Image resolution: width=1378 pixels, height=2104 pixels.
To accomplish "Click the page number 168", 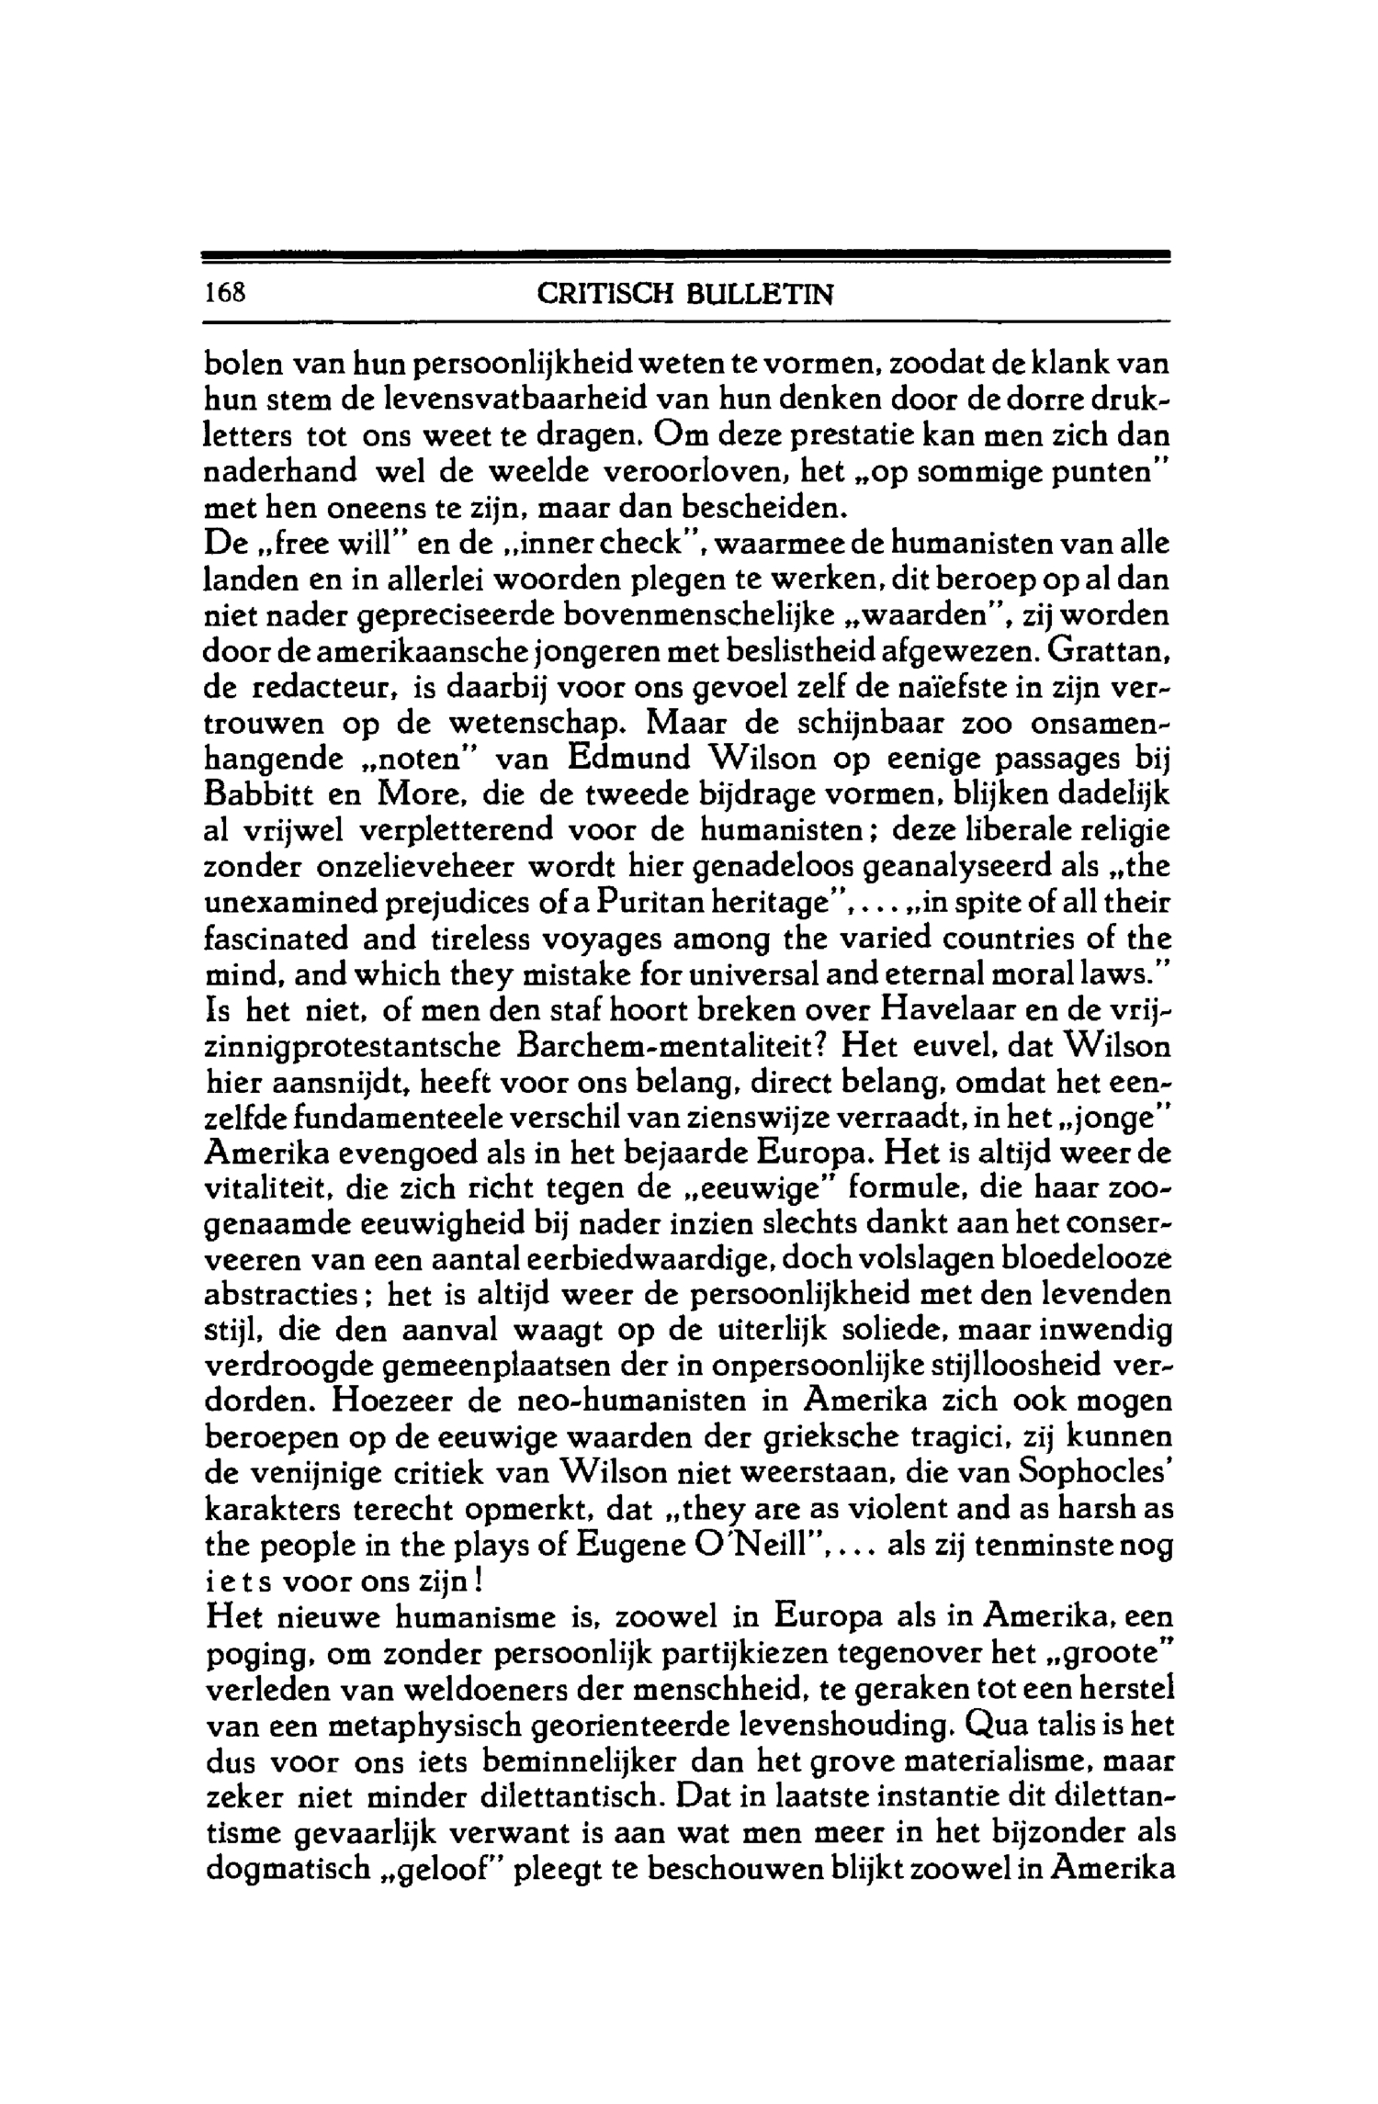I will (225, 295).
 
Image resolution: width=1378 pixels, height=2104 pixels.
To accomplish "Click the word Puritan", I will (653, 905).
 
